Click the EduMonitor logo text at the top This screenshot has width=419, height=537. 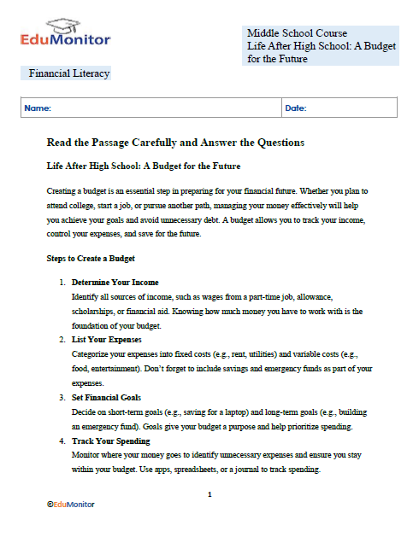65,39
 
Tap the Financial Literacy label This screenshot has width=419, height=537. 69,73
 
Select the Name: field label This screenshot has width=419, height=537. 38,108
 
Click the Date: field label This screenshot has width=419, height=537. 295,108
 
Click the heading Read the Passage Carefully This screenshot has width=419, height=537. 175,142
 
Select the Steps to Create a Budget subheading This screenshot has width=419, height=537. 91,258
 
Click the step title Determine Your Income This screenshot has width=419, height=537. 115,282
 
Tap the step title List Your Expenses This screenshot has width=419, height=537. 108,339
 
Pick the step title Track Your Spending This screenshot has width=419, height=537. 110,441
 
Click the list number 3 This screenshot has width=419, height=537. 62,397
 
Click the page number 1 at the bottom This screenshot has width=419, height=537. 209,495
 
